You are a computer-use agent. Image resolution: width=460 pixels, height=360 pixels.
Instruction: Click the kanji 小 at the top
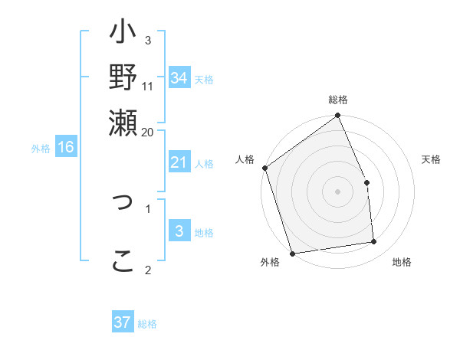(123, 35)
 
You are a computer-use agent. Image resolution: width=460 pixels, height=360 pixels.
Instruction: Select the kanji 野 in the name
(123, 77)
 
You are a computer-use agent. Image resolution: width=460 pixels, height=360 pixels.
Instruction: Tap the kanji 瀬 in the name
(123, 121)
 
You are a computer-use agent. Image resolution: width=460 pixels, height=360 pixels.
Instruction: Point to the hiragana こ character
(123, 260)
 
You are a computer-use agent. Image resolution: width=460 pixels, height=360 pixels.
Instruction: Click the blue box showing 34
(179, 78)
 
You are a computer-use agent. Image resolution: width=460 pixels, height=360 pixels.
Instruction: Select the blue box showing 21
(179, 162)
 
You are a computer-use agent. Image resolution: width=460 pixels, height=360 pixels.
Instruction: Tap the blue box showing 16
(65, 147)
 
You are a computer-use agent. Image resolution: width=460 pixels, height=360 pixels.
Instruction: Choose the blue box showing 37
(122, 322)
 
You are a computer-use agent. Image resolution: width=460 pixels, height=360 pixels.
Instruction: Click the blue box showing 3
(179, 231)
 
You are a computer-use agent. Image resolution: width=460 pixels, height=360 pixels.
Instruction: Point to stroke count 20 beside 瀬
(147, 132)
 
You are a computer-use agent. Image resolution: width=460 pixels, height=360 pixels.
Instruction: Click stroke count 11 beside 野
(148, 87)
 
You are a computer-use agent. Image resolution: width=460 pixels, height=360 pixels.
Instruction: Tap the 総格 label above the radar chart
(338, 100)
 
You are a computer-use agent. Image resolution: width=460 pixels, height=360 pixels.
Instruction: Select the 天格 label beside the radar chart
(432, 159)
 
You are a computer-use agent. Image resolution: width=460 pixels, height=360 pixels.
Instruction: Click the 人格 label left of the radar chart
(245, 159)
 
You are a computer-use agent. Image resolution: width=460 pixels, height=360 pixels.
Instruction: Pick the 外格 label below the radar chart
(270, 263)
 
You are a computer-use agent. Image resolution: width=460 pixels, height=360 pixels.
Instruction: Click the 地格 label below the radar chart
(402, 263)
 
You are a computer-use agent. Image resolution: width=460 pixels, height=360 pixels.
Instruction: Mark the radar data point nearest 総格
(338, 116)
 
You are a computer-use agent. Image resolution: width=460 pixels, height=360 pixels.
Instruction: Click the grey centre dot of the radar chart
(338, 191)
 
